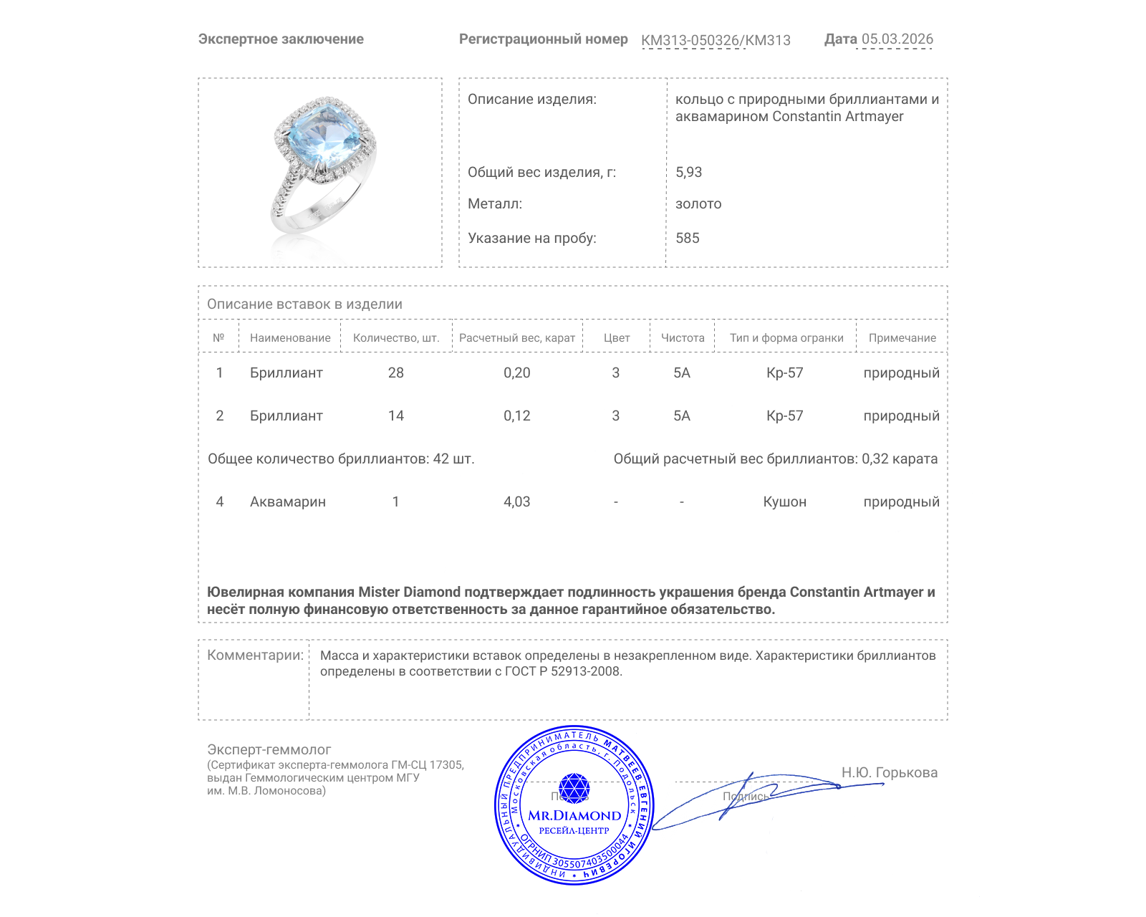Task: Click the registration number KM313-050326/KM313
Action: pyautogui.click(x=716, y=40)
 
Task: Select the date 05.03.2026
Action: pyautogui.click(x=897, y=39)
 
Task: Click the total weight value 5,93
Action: pyautogui.click(x=688, y=172)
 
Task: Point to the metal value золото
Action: pyautogui.click(x=698, y=203)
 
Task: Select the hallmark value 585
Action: pyautogui.click(x=687, y=238)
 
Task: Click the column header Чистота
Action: pyautogui.click(x=682, y=337)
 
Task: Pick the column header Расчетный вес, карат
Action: pyautogui.click(x=516, y=337)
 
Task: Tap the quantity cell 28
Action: pyautogui.click(x=395, y=373)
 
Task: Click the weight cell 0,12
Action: pyautogui.click(x=516, y=416)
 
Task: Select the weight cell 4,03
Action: pyautogui.click(x=516, y=501)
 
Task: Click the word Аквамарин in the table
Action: pyautogui.click(x=287, y=501)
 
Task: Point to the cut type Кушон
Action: pyautogui.click(x=784, y=501)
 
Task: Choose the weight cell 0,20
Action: pyautogui.click(x=516, y=373)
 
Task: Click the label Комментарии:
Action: pyautogui.click(x=255, y=655)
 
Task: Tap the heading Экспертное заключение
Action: pyautogui.click(x=281, y=39)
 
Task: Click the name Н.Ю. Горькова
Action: pyautogui.click(x=889, y=772)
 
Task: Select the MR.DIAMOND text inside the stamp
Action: pyautogui.click(x=574, y=815)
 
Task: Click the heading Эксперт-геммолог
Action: pyautogui.click(x=269, y=749)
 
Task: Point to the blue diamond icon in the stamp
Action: pyautogui.click(x=574, y=787)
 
